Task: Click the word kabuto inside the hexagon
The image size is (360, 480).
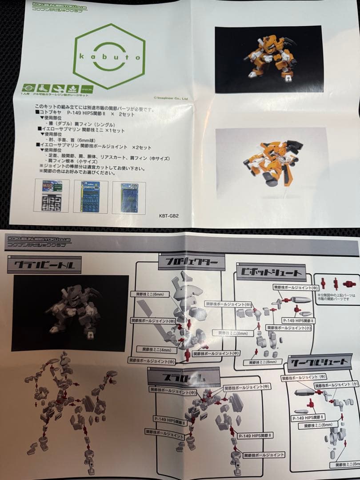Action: pos(109,57)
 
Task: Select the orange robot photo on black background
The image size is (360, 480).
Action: pos(268,59)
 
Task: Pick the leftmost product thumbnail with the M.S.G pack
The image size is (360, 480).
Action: pos(52,196)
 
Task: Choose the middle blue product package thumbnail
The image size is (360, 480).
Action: pos(90,196)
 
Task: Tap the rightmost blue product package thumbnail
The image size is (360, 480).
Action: pos(129,196)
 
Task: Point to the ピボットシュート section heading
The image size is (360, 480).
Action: pos(272,272)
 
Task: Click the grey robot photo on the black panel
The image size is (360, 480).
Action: pos(70,313)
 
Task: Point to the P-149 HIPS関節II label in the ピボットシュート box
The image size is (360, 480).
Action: pos(298,320)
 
